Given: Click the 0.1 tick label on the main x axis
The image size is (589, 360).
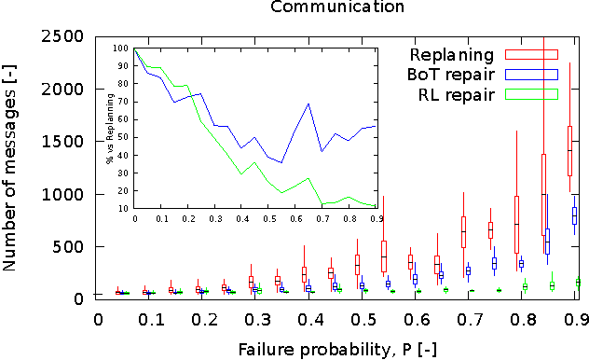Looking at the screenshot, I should pos(151,319).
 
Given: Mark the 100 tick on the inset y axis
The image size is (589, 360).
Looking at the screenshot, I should pos(122,48).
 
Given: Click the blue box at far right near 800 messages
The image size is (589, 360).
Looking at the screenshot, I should pos(575,215).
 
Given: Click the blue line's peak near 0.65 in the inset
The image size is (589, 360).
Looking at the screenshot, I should pos(308,104).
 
